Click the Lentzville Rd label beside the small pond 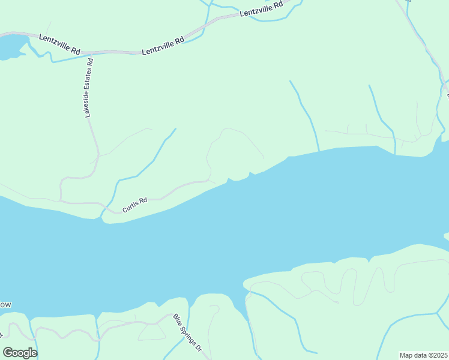59,45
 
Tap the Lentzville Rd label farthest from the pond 261,9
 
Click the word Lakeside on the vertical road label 88,103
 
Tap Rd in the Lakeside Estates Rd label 90,61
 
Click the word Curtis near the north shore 131,206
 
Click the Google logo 20,353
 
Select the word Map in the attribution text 406,355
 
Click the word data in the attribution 420,355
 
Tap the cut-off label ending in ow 5,305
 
